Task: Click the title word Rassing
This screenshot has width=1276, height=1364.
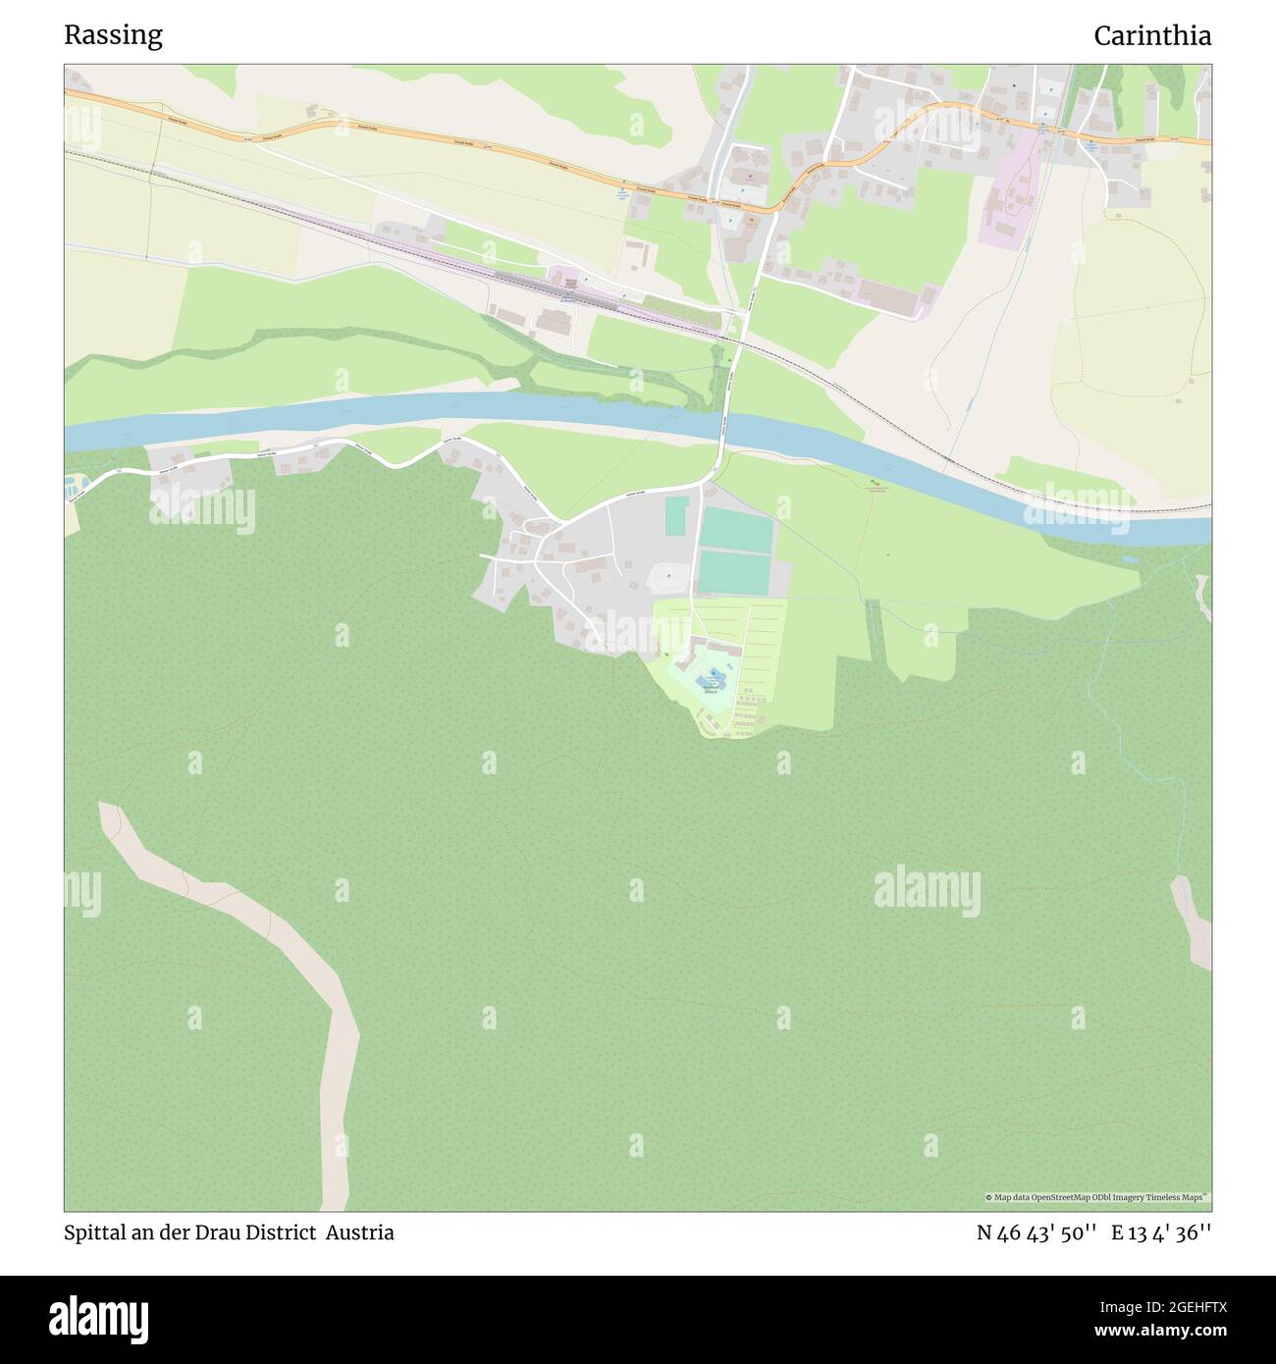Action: (x=113, y=35)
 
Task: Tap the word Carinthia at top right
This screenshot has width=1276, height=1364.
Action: (x=1151, y=35)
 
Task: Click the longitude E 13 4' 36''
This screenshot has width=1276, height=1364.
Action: (x=1161, y=1233)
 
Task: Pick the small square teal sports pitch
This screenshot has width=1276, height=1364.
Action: (x=676, y=516)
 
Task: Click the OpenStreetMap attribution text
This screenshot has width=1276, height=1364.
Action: (x=1096, y=1197)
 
